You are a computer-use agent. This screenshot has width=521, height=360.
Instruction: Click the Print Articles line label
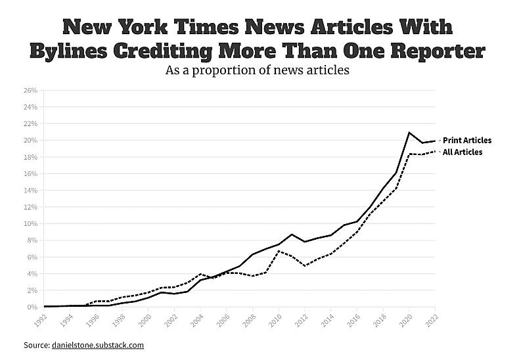tap(467, 140)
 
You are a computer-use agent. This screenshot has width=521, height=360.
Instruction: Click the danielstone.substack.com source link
tap(97, 345)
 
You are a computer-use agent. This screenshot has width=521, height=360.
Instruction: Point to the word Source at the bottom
tap(35, 345)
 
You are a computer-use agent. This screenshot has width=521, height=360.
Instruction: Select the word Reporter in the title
tap(428, 51)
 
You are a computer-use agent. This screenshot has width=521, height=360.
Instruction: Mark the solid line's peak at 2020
tap(409, 133)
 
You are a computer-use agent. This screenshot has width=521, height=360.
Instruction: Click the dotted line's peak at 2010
tap(279, 251)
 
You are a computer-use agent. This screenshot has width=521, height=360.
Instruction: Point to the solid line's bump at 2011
tap(292, 235)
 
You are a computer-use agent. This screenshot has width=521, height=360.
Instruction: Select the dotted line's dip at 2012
tap(305, 266)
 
